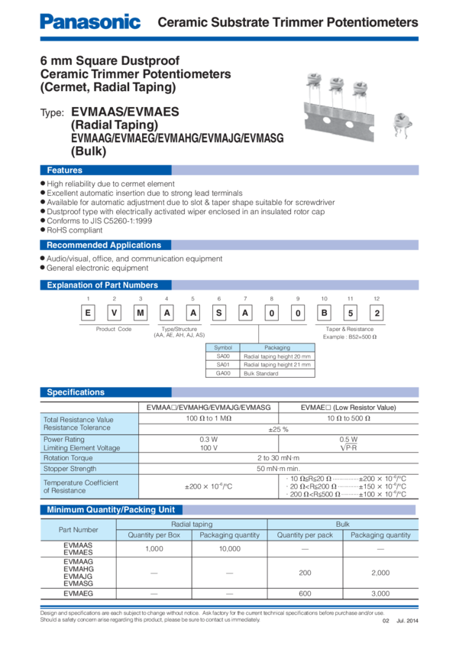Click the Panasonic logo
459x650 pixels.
(90, 22)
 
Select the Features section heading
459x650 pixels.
(65, 170)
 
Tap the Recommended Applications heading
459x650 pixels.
(104, 245)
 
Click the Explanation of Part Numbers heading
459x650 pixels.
(102, 285)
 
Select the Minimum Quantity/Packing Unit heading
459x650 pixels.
(112, 509)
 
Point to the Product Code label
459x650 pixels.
(114, 328)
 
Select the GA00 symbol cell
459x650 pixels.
(223, 372)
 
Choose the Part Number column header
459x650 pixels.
(79, 529)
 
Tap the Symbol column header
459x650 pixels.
(223, 347)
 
